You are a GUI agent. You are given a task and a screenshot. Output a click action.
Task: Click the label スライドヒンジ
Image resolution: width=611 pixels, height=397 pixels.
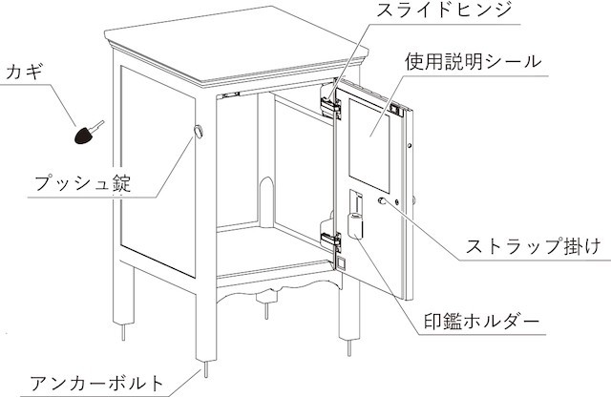click(443, 10)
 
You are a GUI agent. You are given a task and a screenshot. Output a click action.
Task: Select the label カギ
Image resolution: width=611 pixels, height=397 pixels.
click(24, 73)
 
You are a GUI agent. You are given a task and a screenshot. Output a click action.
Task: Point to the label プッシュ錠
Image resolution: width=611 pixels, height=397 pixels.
click(83, 182)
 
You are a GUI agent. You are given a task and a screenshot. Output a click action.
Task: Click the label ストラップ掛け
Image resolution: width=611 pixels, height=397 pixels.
click(534, 246)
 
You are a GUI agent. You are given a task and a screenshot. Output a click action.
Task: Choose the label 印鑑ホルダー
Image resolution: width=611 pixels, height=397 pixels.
click(481, 322)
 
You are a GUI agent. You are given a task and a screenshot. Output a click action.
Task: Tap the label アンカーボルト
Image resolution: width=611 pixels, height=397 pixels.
click(96, 384)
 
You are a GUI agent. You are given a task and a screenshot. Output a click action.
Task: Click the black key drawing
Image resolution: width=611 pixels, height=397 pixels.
click(89, 133)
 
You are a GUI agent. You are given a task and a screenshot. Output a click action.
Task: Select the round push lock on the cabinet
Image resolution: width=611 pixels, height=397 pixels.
click(199, 132)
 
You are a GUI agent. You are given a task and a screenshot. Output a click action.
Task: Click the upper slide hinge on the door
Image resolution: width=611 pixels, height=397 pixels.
click(330, 104)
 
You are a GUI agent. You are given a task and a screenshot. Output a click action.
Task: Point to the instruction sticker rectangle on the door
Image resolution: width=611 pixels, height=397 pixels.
click(369, 145)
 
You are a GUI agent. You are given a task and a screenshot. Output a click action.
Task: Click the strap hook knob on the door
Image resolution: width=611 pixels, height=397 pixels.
click(382, 200)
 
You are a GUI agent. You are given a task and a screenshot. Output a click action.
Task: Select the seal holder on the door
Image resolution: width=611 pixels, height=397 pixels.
click(356, 215)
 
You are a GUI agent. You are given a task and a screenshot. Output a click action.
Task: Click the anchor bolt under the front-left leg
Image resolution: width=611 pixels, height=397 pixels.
click(206, 368)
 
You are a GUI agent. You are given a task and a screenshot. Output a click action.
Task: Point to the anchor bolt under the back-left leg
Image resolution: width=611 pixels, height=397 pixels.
click(123, 332)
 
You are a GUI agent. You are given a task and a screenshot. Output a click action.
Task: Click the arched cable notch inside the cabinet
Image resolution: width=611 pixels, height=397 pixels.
click(267, 201)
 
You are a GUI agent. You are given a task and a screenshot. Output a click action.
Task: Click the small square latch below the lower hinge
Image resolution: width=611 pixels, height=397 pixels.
click(341, 263)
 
